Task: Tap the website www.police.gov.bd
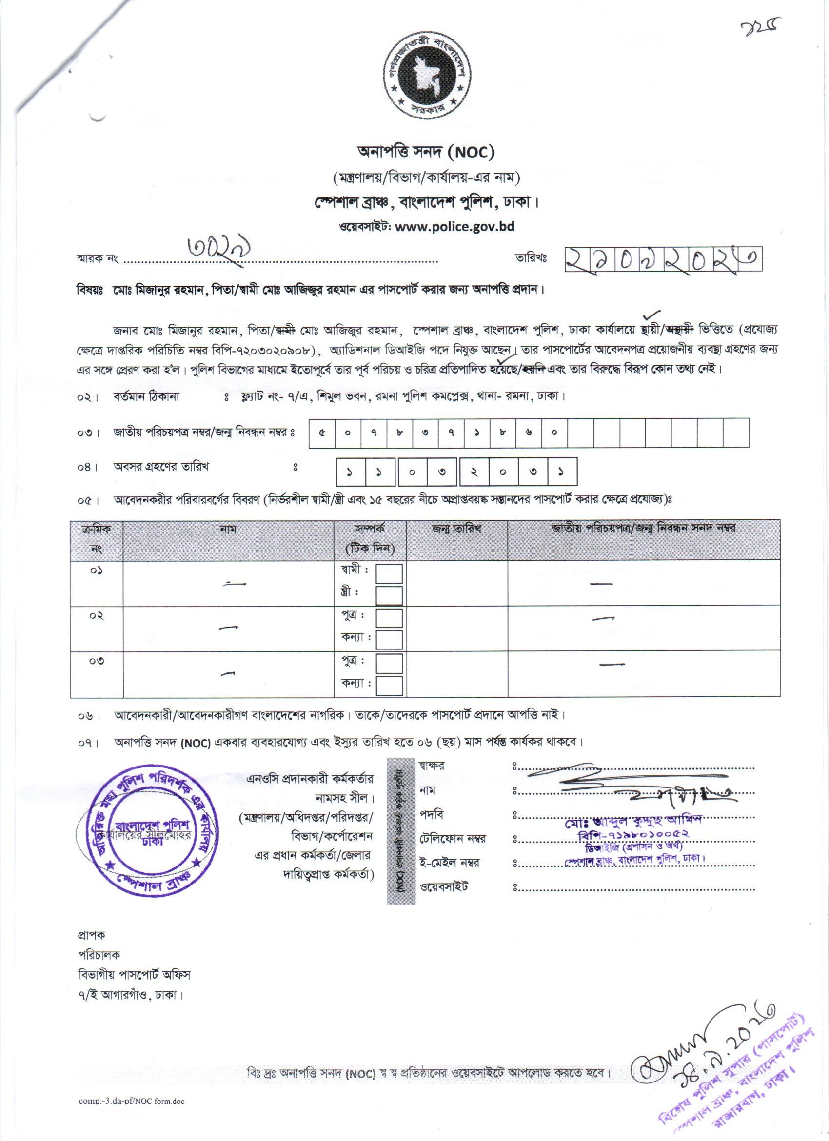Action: (455, 226)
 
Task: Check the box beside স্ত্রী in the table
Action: (389, 596)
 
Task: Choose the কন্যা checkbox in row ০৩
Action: (389, 685)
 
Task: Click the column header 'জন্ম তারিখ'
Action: (457, 529)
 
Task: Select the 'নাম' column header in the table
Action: (228, 529)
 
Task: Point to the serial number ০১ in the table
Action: (97, 570)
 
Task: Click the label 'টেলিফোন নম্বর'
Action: (453, 839)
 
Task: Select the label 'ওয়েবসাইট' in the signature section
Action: (444, 886)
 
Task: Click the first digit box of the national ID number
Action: (321, 432)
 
